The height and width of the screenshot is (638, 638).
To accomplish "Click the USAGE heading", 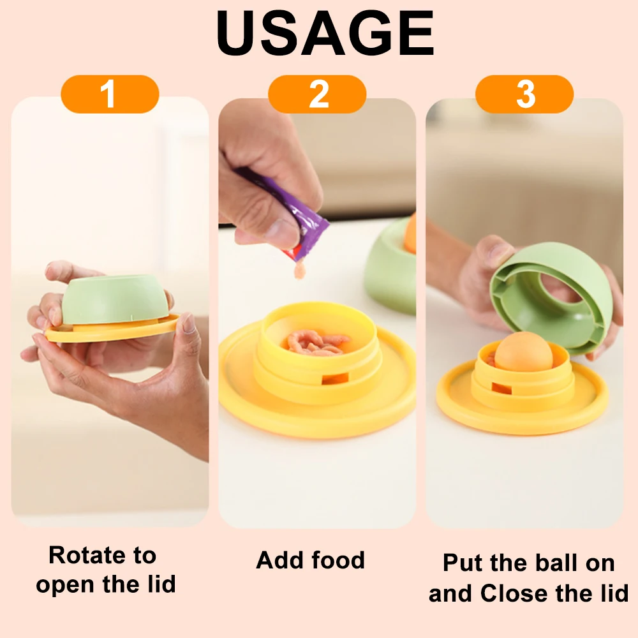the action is click(325, 33).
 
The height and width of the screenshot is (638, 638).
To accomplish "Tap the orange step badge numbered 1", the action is click(110, 94).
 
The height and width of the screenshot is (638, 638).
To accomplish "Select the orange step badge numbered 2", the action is click(317, 94).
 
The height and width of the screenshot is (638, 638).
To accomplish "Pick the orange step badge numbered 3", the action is click(524, 94).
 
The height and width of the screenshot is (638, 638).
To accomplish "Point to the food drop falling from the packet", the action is click(300, 270).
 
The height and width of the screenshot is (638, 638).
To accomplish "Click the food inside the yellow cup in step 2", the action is click(315, 343).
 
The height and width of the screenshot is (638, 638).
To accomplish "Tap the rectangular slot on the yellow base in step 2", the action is click(335, 379).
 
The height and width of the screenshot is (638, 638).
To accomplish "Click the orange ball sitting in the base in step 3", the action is click(523, 351).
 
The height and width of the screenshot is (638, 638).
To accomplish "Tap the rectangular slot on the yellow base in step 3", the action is click(501, 389).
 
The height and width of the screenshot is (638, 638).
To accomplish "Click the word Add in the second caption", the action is click(280, 560).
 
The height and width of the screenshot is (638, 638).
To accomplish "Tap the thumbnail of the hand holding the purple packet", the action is click(317, 313).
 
